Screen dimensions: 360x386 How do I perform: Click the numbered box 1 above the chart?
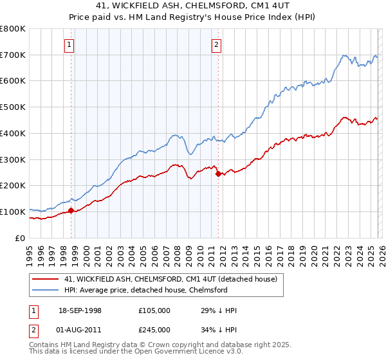pos(69,44)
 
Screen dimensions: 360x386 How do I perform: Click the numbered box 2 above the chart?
pos(216,44)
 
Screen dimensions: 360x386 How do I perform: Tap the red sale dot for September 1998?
pos(71,210)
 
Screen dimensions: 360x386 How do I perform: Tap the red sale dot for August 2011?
pos(218,174)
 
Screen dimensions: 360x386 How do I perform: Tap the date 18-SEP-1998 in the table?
pos(77,310)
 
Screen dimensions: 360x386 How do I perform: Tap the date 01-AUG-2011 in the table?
pos(77,330)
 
